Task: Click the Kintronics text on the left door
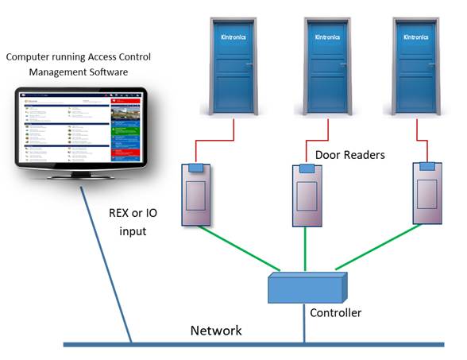coord(234,37)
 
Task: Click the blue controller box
coord(307,288)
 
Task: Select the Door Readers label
coord(349,155)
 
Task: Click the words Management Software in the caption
coord(78,73)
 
